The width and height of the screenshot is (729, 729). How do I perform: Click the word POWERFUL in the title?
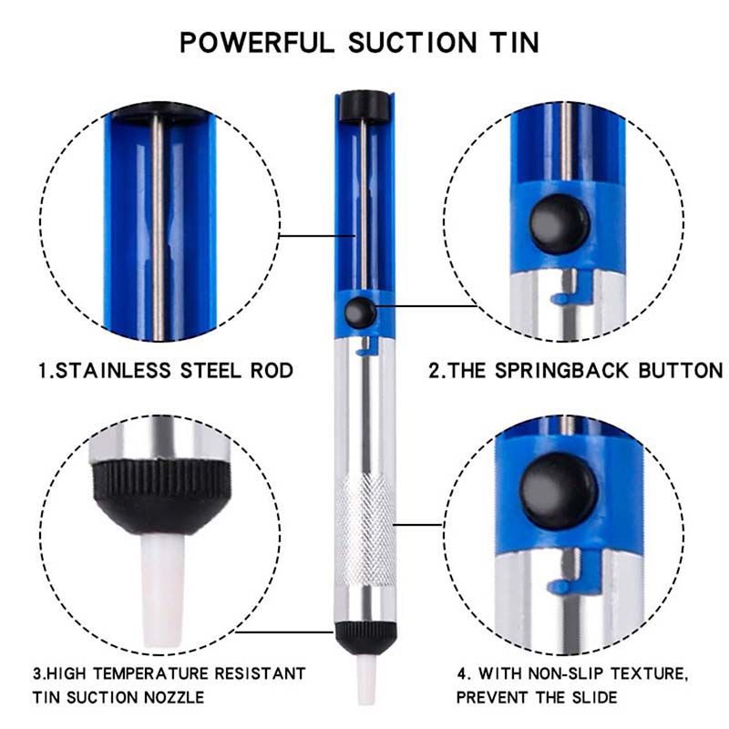(257, 43)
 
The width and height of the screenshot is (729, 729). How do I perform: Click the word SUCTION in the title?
(413, 43)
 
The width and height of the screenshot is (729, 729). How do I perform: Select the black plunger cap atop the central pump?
(364, 107)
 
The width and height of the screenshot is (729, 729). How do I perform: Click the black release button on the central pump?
(361, 312)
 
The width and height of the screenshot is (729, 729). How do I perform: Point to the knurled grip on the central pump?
(365, 530)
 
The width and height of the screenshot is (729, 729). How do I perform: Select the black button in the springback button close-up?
(560, 223)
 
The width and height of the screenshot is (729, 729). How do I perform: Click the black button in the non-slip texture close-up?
(559, 491)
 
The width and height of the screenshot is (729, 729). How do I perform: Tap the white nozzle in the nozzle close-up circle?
(162, 590)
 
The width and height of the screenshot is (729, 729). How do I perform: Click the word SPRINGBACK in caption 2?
(561, 371)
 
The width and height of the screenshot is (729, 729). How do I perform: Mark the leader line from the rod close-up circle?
(317, 236)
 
